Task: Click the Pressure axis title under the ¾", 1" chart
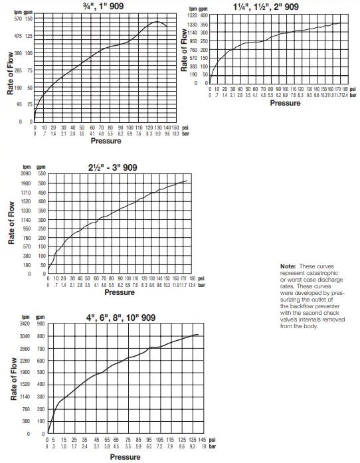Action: tap(106, 141)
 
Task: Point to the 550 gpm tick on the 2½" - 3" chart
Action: tap(41, 173)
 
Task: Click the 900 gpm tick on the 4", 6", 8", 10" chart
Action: tap(41, 324)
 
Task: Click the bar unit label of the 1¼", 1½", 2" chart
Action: tap(353, 94)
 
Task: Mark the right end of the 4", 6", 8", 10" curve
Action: tap(199, 334)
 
